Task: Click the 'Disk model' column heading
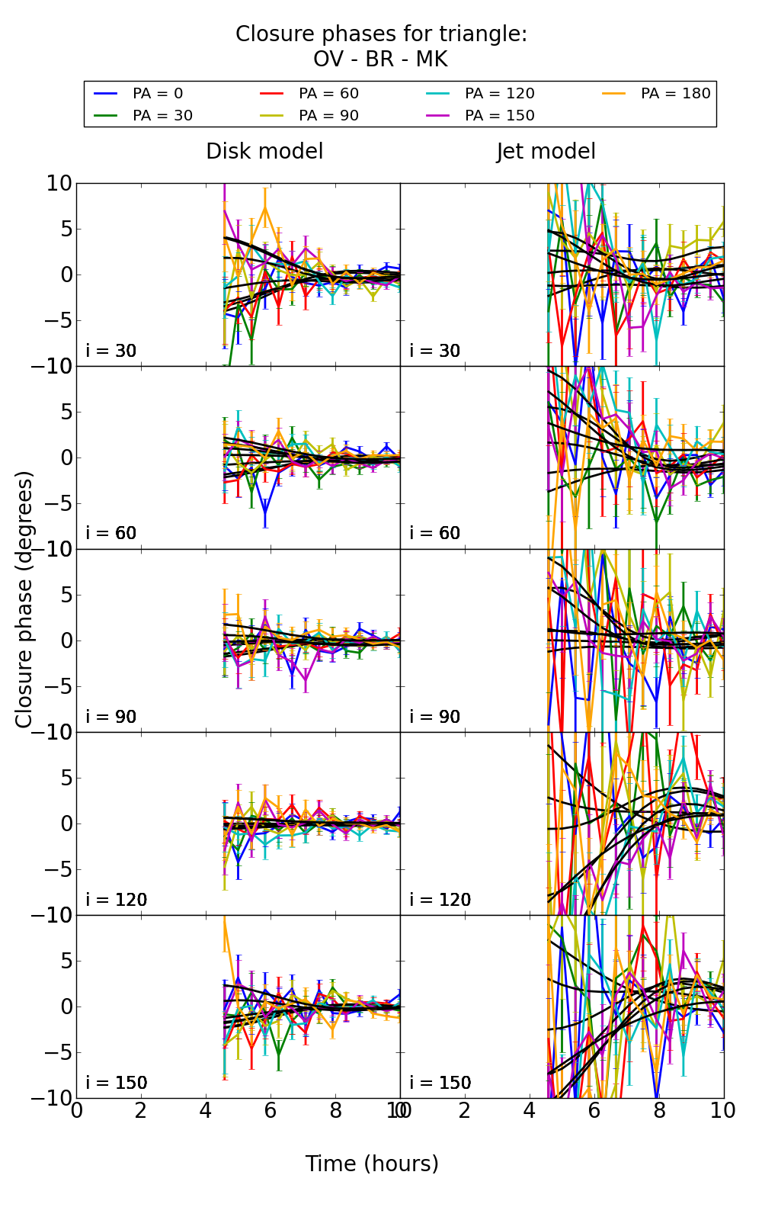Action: [264, 151]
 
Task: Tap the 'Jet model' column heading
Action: [546, 151]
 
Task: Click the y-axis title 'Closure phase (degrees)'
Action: [24, 599]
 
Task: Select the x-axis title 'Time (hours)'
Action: [372, 1164]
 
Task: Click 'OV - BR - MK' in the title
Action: [380, 59]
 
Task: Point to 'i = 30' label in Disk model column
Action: [111, 351]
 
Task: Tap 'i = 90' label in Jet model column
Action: [435, 717]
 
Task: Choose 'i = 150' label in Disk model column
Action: [117, 1083]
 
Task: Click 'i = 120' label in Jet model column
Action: [440, 900]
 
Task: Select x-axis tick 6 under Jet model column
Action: [594, 1110]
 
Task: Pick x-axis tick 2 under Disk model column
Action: [141, 1110]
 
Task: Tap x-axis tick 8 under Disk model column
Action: [335, 1110]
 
